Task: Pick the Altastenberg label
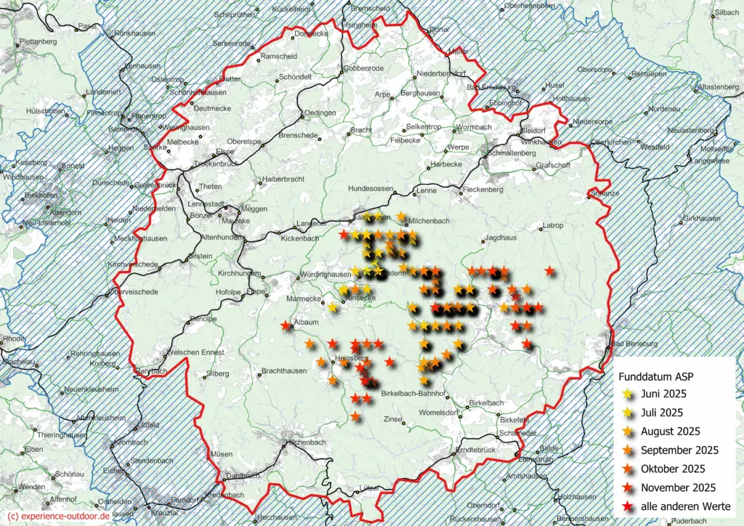pos(719,87)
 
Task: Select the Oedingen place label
pos(320,113)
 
